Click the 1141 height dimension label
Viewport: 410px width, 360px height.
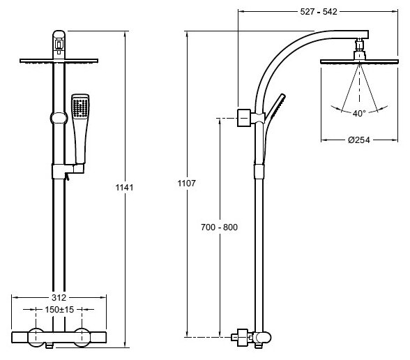coord(124,187)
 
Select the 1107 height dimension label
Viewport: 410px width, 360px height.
coord(186,183)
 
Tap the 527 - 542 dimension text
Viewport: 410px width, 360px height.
coord(319,12)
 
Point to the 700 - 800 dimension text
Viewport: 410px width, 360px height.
coord(220,227)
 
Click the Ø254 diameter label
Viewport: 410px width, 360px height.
coord(358,140)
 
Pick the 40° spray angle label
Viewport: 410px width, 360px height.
coord(359,113)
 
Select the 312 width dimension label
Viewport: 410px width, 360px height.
coord(59,297)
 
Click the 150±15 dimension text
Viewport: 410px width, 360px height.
coord(59,310)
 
